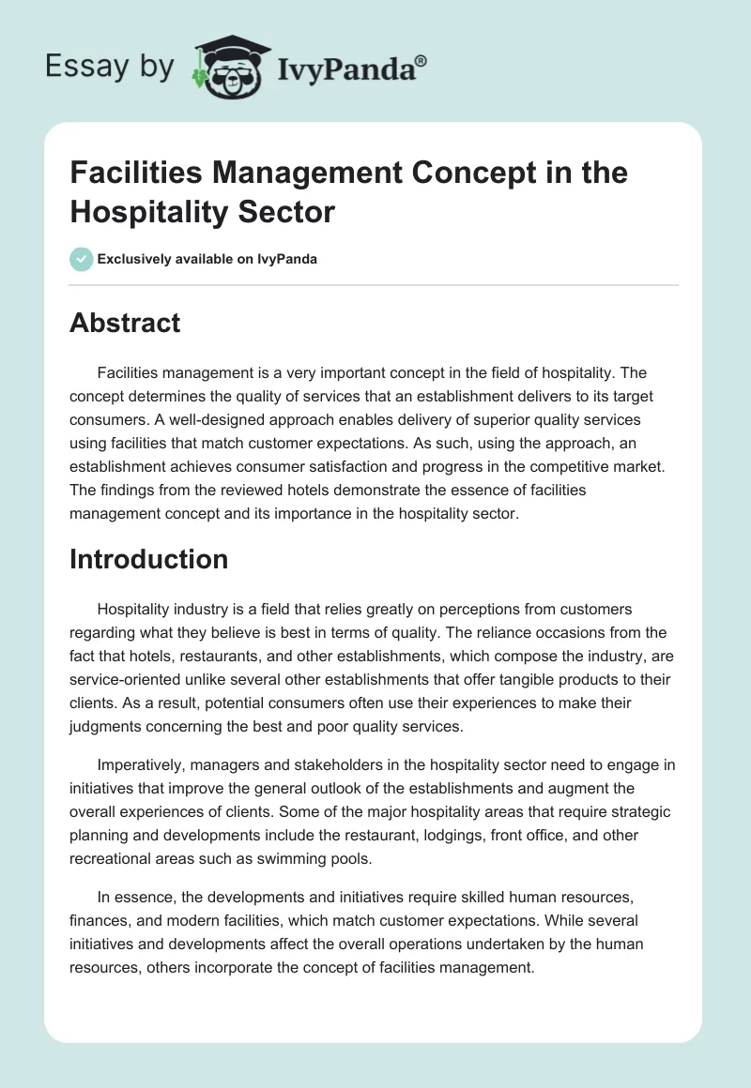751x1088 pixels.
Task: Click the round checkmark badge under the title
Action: (x=82, y=259)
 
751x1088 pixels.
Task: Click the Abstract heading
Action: (x=125, y=324)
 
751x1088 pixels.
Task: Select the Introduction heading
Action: (x=148, y=559)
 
